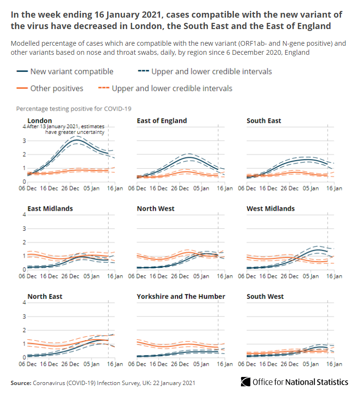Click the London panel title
[40, 120]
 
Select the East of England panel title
[162, 121]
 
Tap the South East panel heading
[264, 121]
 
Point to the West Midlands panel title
[270, 208]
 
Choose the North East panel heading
[45, 296]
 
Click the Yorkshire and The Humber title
[181, 296]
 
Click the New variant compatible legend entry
[71, 71]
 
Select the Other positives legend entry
[57, 88]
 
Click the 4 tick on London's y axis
[24, 127]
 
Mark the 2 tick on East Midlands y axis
[24, 242]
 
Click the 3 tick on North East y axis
[24, 316]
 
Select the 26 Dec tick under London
[70, 189]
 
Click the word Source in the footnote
[21, 383]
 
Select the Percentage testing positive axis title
[74, 109]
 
